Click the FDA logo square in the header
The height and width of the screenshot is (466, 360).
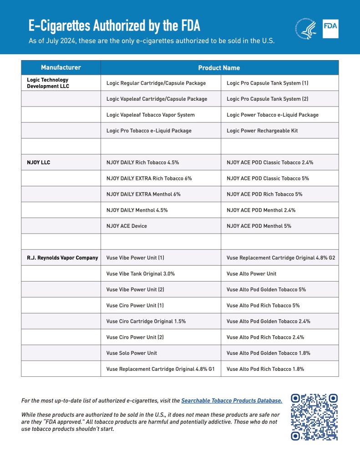pos(330,29)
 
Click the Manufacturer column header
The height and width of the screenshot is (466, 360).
pos(61,67)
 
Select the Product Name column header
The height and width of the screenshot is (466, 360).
pos(219,68)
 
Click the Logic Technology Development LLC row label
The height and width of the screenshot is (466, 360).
pos(48,83)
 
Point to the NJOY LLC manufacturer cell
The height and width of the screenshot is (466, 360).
pos(39,162)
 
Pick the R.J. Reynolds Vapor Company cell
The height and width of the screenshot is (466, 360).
pos(62,258)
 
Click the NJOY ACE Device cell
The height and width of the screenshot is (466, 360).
pos(127,226)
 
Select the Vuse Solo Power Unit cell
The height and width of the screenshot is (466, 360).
pos(132,353)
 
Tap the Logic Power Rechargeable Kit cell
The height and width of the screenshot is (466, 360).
pos(262,131)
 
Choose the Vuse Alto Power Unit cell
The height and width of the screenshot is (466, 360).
pos(251,274)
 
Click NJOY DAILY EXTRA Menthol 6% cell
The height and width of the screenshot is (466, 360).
pos(143,194)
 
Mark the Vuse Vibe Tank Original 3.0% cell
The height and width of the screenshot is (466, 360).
pos(141,274)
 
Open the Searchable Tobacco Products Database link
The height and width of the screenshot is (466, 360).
pos(232,401)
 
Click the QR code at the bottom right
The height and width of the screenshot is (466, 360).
pos(314,417)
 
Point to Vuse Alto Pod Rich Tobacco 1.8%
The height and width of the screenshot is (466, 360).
pos(265,369)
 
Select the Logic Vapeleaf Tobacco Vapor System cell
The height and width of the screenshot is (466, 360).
pos(151,115)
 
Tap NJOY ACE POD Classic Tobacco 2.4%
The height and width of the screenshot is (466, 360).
pos(270,162)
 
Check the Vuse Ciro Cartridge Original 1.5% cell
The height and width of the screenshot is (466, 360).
pos(146,321)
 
